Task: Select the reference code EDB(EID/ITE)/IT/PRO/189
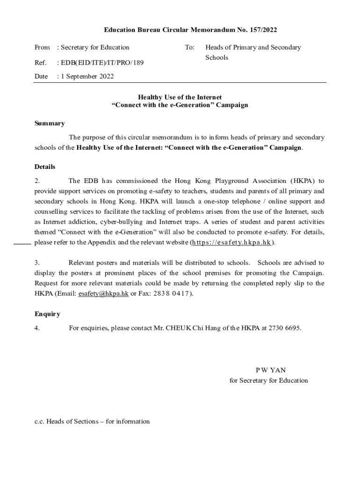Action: [x=100, y=62]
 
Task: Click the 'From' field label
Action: [x=42, y=47]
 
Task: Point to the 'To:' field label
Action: [x=189, y=47]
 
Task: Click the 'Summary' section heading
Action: [x=50, y=123]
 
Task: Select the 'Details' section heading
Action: [x=45, y=167]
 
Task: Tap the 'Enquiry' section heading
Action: [x=47, y=314]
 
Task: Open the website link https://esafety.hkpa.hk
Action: [x=232, y=243]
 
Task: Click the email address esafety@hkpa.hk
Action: [x=103, y=294]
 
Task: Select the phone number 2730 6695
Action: [x=284, y=328]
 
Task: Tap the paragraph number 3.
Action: [x=37, y=263]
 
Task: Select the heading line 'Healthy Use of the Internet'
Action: [x=180, y=97]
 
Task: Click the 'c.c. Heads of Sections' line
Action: [x=92, y=421]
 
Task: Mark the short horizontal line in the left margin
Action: [x=22, y=244]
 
